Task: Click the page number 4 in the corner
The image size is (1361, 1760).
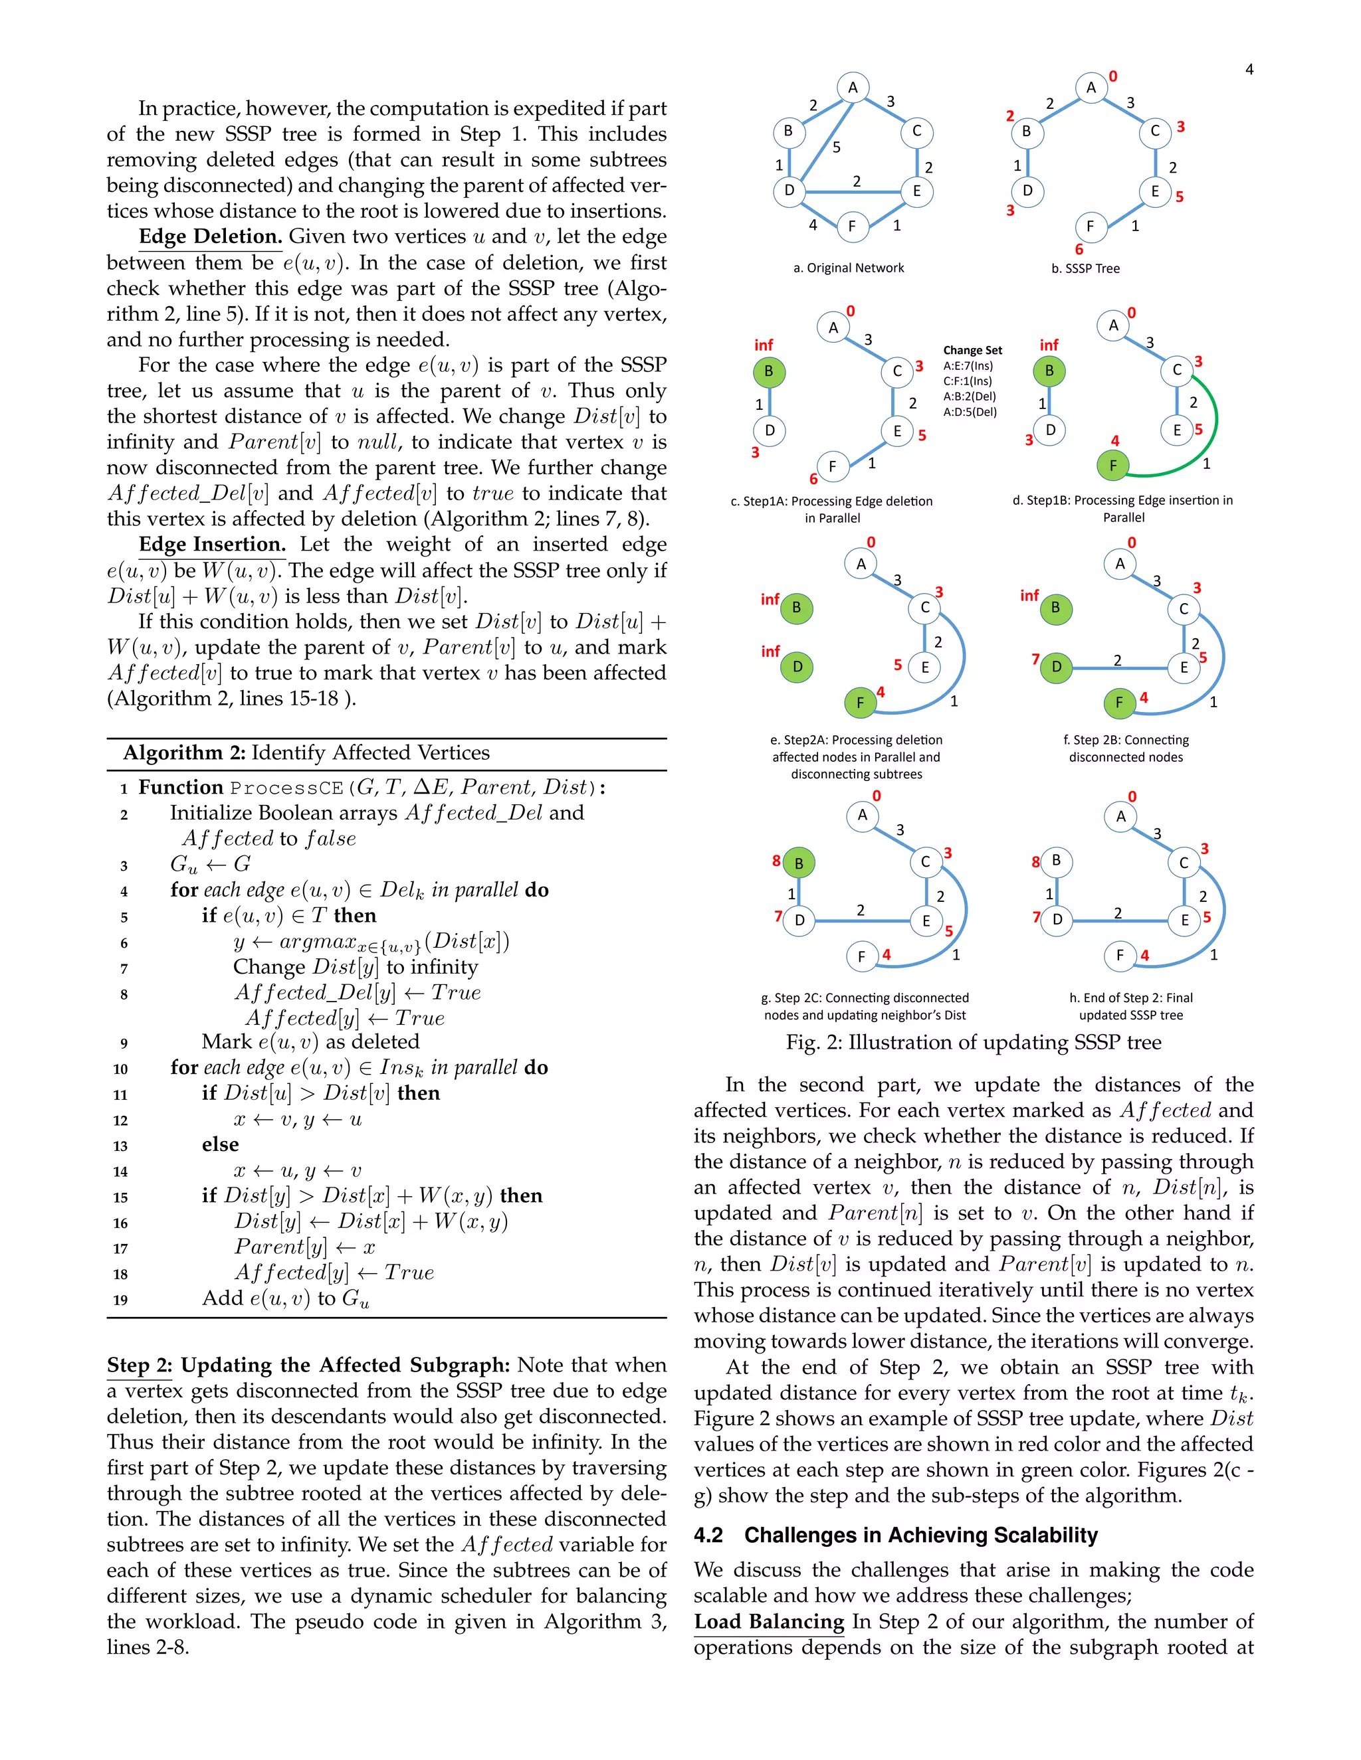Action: coord(1249,70)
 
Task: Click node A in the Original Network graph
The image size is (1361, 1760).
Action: coord(852,88)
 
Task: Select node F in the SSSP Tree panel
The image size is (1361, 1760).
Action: coord(1090,226)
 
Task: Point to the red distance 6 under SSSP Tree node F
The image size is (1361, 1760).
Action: coord(1079,250)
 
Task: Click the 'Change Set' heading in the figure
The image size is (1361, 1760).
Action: coord(972,351)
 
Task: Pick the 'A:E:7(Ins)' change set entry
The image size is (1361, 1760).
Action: coord(968,366)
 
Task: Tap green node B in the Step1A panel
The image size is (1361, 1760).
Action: coord(768,371)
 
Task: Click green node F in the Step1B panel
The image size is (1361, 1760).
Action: coord(1112,465)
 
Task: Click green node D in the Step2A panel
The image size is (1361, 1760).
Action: coord(797,666)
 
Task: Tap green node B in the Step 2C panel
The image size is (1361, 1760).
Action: coord(798,864)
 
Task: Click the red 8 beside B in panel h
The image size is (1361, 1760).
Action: coord(1035,862)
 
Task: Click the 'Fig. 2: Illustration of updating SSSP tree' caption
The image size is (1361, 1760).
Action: coord(973,1043)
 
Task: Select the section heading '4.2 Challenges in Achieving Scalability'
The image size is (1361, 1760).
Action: coord(895,1535)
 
